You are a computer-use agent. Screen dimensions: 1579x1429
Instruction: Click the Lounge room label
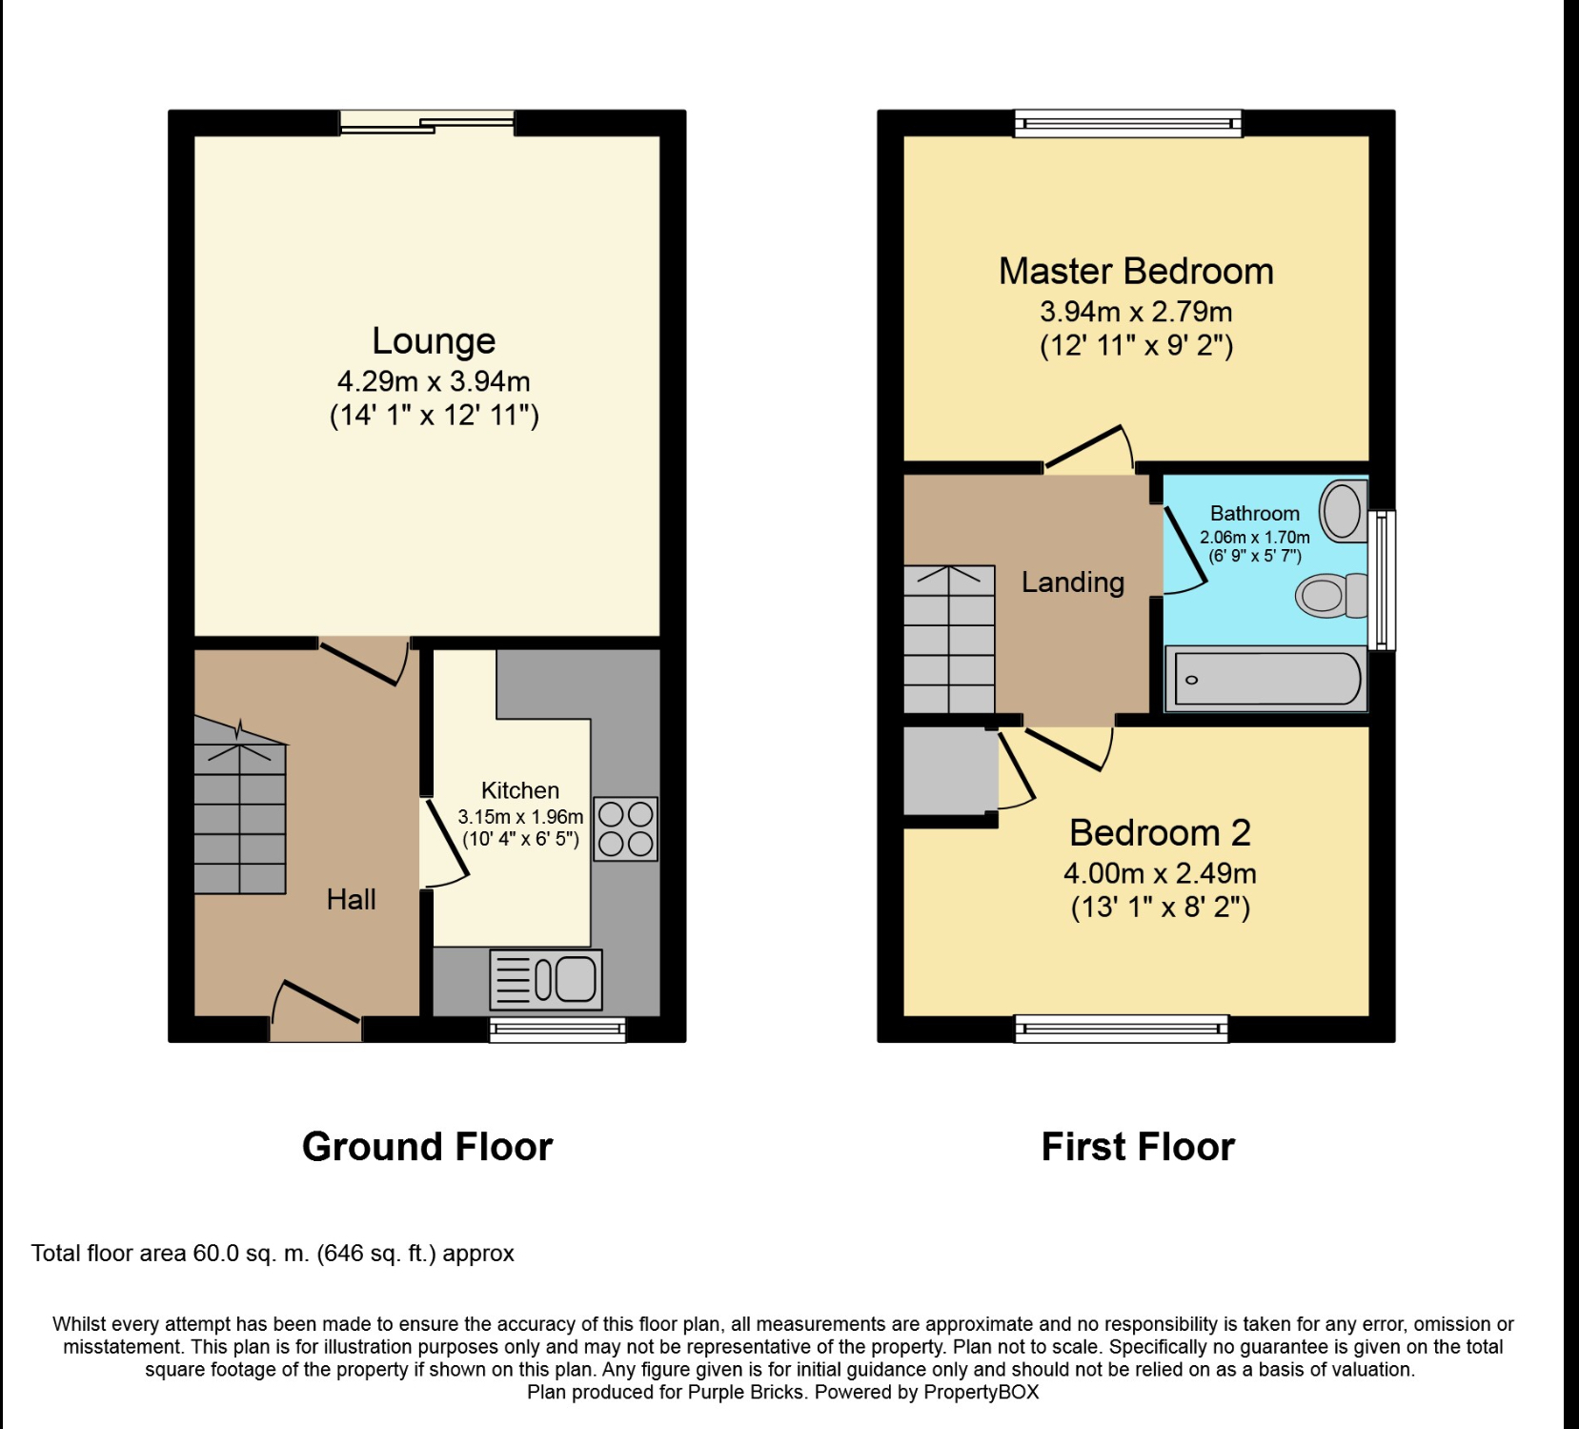click(434, 341)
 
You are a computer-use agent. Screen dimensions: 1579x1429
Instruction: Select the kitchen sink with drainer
click(546, 979)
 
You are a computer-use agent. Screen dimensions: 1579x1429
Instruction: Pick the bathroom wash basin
click(1344, 510)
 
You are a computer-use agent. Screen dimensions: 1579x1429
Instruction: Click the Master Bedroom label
click(1136, 272)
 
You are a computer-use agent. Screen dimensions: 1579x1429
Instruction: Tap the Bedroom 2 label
click(1160, 833)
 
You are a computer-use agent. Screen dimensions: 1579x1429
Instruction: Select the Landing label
click(1073, 582)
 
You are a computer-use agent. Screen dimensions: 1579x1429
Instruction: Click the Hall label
click(352, 899)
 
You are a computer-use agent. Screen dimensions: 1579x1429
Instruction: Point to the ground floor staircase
click(240, 806)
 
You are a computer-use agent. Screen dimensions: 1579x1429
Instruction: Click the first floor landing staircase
click(949, 639)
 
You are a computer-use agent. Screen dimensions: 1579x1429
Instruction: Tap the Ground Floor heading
click(427, 1147)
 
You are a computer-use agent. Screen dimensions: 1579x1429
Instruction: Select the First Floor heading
click(1138, 1147)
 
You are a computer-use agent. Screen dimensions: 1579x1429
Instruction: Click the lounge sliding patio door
click(427, 123)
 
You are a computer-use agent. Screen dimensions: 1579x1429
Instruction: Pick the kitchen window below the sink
click(557, 1030)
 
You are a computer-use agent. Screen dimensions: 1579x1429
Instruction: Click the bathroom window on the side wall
click(1382, 581)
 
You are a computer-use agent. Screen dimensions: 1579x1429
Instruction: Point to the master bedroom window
click(1128, 123)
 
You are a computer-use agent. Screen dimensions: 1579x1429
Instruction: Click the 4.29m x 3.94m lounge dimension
click(434, 381)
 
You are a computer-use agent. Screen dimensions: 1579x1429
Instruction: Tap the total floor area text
click(273, 1254)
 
